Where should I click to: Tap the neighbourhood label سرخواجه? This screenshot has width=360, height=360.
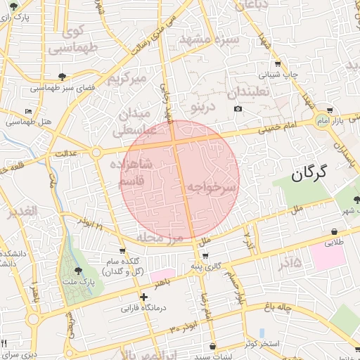[209, 188]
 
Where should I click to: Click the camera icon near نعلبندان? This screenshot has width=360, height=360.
[238, 108]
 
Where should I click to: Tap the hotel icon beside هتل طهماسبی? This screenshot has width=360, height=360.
[28, 112]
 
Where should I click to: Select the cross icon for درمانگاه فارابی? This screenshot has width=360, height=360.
[143, 297]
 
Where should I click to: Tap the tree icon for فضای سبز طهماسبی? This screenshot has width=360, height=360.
[63, 76]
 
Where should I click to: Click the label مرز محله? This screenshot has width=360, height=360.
[160, 237]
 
